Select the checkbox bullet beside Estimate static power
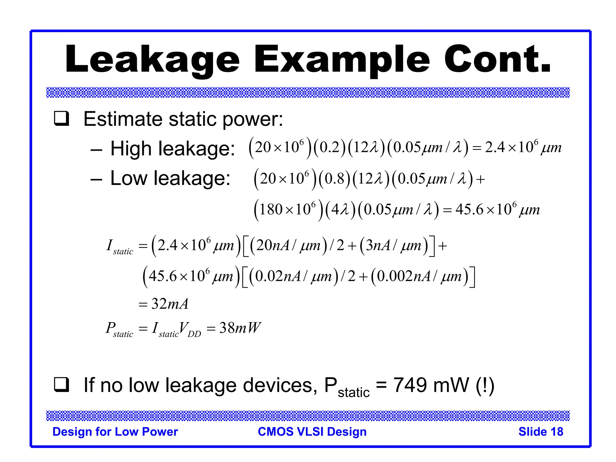(x=61, y=119)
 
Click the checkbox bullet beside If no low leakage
(x=61, y=385)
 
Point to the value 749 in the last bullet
(x=410, y=385)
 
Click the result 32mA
(x=170, y=304)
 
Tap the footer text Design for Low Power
(x=115, y=432)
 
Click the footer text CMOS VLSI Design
(x=312, y=432)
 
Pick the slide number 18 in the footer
(x=557, y=432)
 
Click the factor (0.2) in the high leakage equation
(x=330, y=148)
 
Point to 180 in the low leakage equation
(x=270, y=209)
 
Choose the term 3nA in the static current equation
(x=380, y=246)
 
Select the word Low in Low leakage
(x=128, y=178)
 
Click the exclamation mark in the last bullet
(x=485, y=385)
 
